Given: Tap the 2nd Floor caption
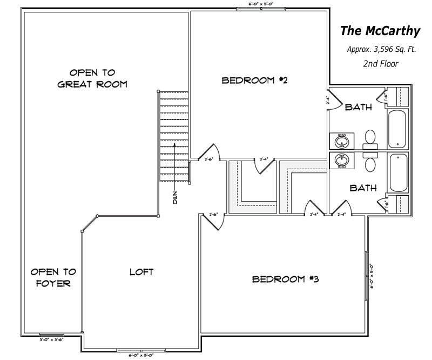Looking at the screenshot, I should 381,64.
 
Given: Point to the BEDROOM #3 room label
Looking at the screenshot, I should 287,279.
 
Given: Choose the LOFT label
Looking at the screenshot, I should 141,272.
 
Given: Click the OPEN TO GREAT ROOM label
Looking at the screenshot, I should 92,78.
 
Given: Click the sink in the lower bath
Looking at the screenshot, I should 342,159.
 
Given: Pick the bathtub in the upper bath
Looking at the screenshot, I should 398,128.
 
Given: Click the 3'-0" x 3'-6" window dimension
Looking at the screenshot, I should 52,340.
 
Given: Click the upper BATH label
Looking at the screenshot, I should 359,107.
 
